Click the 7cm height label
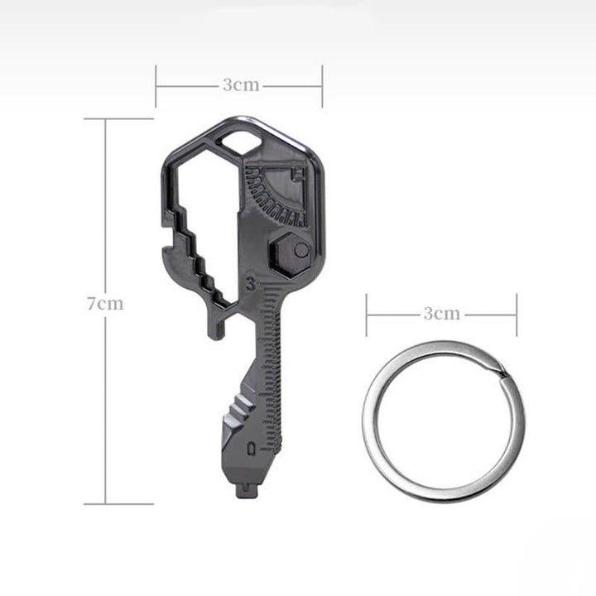106,303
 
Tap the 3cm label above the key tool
241,85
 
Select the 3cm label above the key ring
441,314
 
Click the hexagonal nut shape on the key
290,254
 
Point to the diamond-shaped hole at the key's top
240,142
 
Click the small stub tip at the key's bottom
245,489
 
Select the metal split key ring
443,422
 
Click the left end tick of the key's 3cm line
156,85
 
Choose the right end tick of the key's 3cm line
322,85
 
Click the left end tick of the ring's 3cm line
367,315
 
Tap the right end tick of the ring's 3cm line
517,315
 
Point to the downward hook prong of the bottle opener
216,327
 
